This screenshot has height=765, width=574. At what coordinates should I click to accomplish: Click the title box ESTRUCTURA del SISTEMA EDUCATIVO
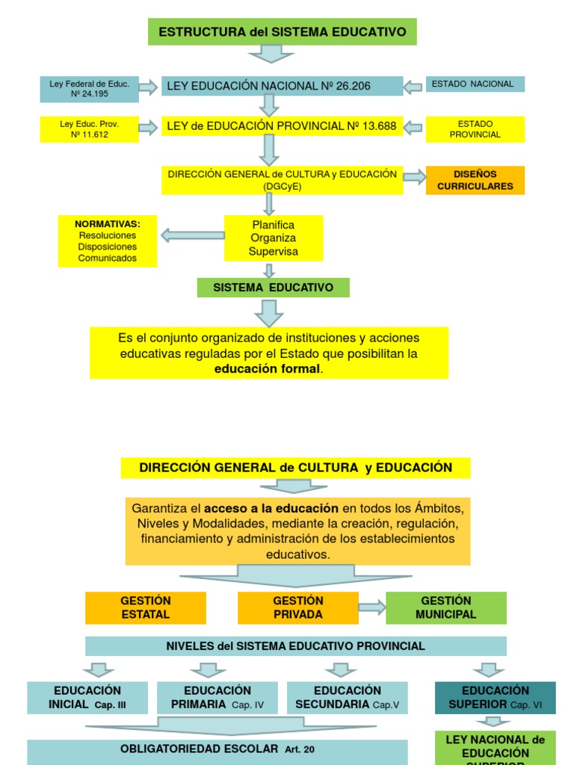(x=283, y=32)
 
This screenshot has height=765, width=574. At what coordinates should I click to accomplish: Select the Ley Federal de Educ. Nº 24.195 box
(x=89, y=89)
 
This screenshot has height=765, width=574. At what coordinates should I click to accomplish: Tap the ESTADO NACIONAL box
(x=475, y=84)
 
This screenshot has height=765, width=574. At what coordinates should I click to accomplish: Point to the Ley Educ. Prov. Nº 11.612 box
(x=89, y=128)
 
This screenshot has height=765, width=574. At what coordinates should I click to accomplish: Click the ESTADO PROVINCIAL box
(x=475, y=128)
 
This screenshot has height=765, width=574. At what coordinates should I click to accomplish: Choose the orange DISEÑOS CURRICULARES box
(x=475, y=180)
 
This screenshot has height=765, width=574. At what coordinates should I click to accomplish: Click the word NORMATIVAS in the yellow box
(x=107, y=223)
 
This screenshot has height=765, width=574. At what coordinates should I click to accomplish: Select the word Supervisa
(x=273, y=252)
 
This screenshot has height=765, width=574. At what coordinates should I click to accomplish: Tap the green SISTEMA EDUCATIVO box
(x=273, y=288)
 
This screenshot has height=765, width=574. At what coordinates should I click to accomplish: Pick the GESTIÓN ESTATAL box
(x=145, y=607)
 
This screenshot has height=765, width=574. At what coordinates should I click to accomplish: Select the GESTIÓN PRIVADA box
(x=297, y=607)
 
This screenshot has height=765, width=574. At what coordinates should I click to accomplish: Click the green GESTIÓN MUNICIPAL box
(x=445, y=607)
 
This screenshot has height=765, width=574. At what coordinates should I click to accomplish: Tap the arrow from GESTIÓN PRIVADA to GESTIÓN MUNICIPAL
(x=371, y=607)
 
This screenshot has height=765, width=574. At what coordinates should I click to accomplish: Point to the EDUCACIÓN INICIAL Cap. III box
(x=87, y=697)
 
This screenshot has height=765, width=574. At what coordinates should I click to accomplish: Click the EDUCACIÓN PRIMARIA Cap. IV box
(x=217, y=697)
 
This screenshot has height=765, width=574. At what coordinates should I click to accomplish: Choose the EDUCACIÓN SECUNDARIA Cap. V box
(x=347, y=697)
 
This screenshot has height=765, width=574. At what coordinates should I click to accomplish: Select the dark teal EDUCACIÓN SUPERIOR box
(x=495, y=697)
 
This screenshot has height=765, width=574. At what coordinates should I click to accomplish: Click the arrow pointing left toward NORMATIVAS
(x=192, y=235)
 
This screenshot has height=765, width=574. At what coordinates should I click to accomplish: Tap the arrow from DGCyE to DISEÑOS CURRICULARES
(x=414, y=177)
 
